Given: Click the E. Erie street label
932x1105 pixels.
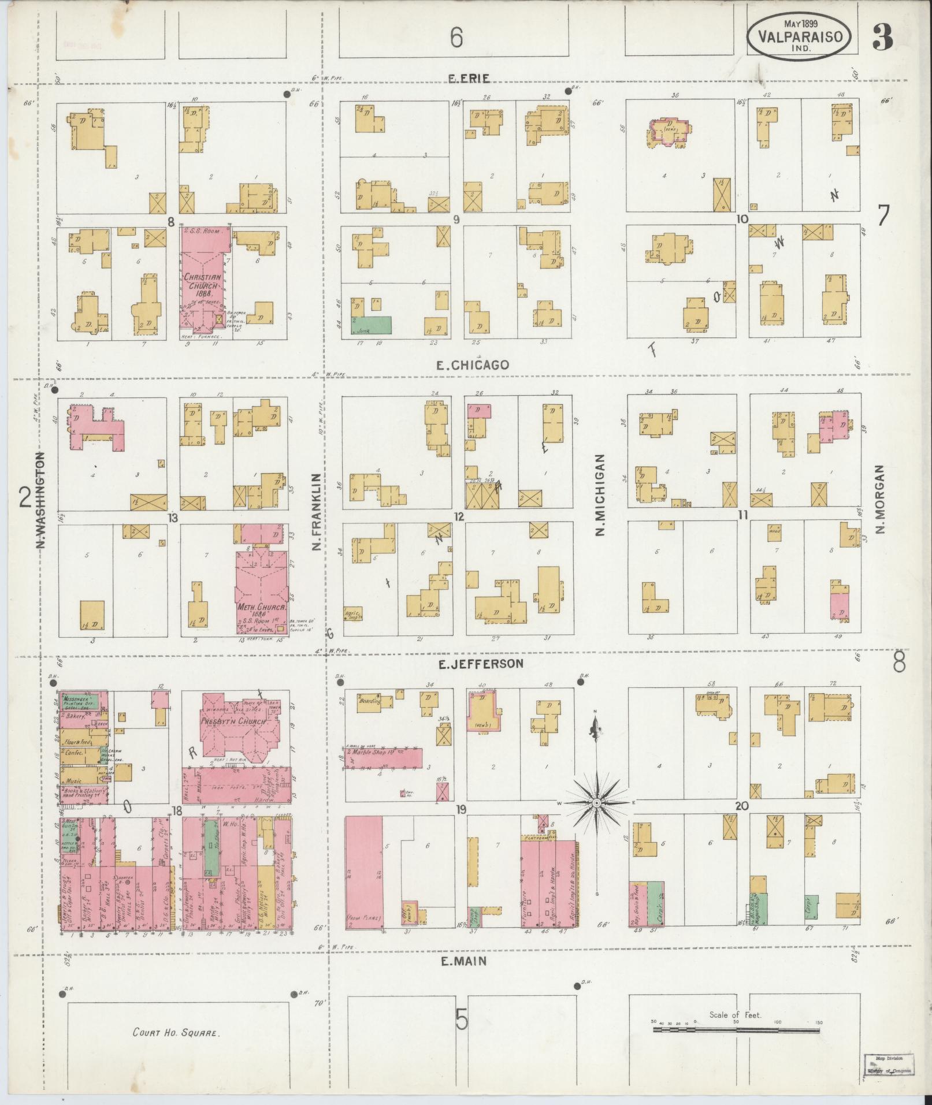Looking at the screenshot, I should point(469,79).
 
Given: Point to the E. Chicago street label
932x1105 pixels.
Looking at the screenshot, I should point(472,365).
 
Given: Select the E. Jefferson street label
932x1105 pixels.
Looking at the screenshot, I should point(480,664).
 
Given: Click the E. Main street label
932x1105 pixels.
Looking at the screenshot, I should point(463,961).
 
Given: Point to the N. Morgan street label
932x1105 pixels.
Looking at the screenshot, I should point(880,498).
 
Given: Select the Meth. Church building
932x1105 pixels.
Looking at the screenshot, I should point(262,589).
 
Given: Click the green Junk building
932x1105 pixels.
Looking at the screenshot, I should point(371,325).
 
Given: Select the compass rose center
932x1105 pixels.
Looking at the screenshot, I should point(596,803).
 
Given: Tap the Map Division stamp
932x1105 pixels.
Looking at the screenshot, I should point(889,1065).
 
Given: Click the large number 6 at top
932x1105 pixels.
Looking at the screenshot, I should point(456,39).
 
